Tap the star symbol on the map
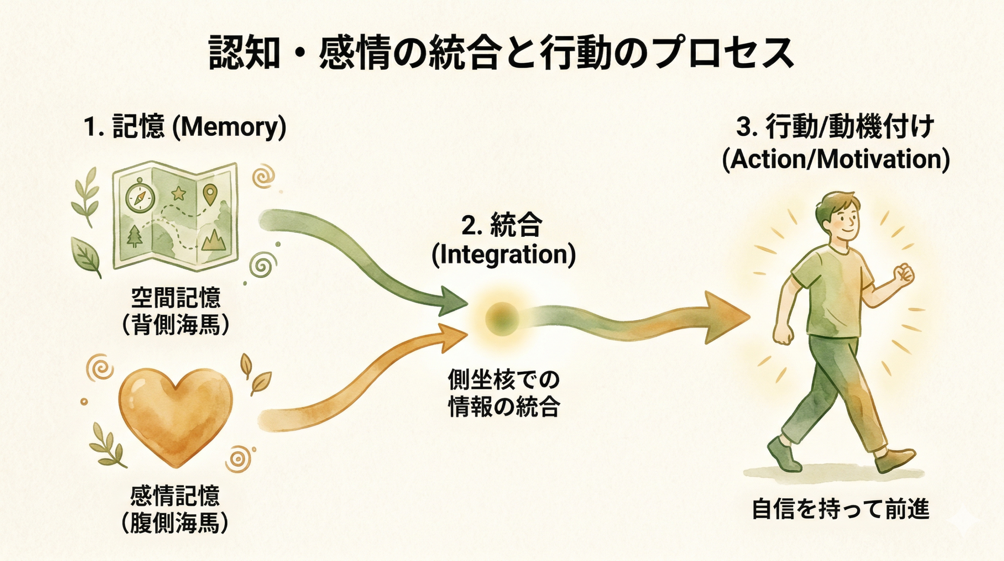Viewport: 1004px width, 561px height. point(179,193)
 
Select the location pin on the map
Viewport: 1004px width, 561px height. point(211,194)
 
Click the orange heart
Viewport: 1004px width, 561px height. point(175,414)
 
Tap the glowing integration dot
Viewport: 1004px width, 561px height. point(502,319)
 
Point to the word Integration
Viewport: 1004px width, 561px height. point(504,254)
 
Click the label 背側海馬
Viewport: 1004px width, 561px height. point(176,325)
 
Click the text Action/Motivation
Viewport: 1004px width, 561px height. point(836,159)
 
